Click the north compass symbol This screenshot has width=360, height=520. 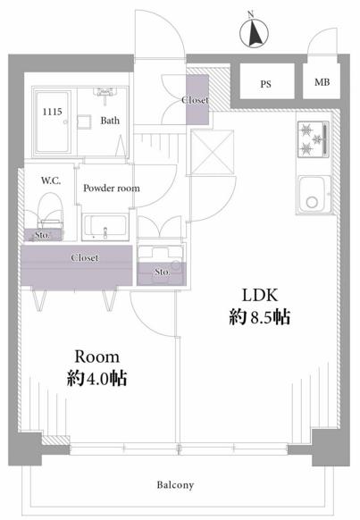[x=254, y=31]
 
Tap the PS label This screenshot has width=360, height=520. [x=265, y=84]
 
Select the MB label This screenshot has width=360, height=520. [x=322, y=82]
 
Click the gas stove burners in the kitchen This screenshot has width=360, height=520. [x=313, y=138]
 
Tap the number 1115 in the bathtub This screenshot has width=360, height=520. [x=52, y=112]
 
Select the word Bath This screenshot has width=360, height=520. [x=110, y=120]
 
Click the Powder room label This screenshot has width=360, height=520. [x=112, y=188]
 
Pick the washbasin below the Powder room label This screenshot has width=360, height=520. [x=105, y=227]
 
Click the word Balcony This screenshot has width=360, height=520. [x=175, y=485]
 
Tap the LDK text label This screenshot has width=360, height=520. [x=260, y=295]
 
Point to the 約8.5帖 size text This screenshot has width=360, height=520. [x=260, y=317]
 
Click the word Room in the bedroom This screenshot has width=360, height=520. [x=96, y=356]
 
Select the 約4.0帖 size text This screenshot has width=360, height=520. [x=96, y=378]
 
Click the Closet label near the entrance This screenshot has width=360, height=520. [x=196, y=100]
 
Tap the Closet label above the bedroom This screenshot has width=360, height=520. [x=85, y=257]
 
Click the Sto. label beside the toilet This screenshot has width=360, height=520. [x=42, y=235]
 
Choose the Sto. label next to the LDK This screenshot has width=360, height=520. [x=163, y=272]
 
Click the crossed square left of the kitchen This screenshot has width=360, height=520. [x=213, y=152]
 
